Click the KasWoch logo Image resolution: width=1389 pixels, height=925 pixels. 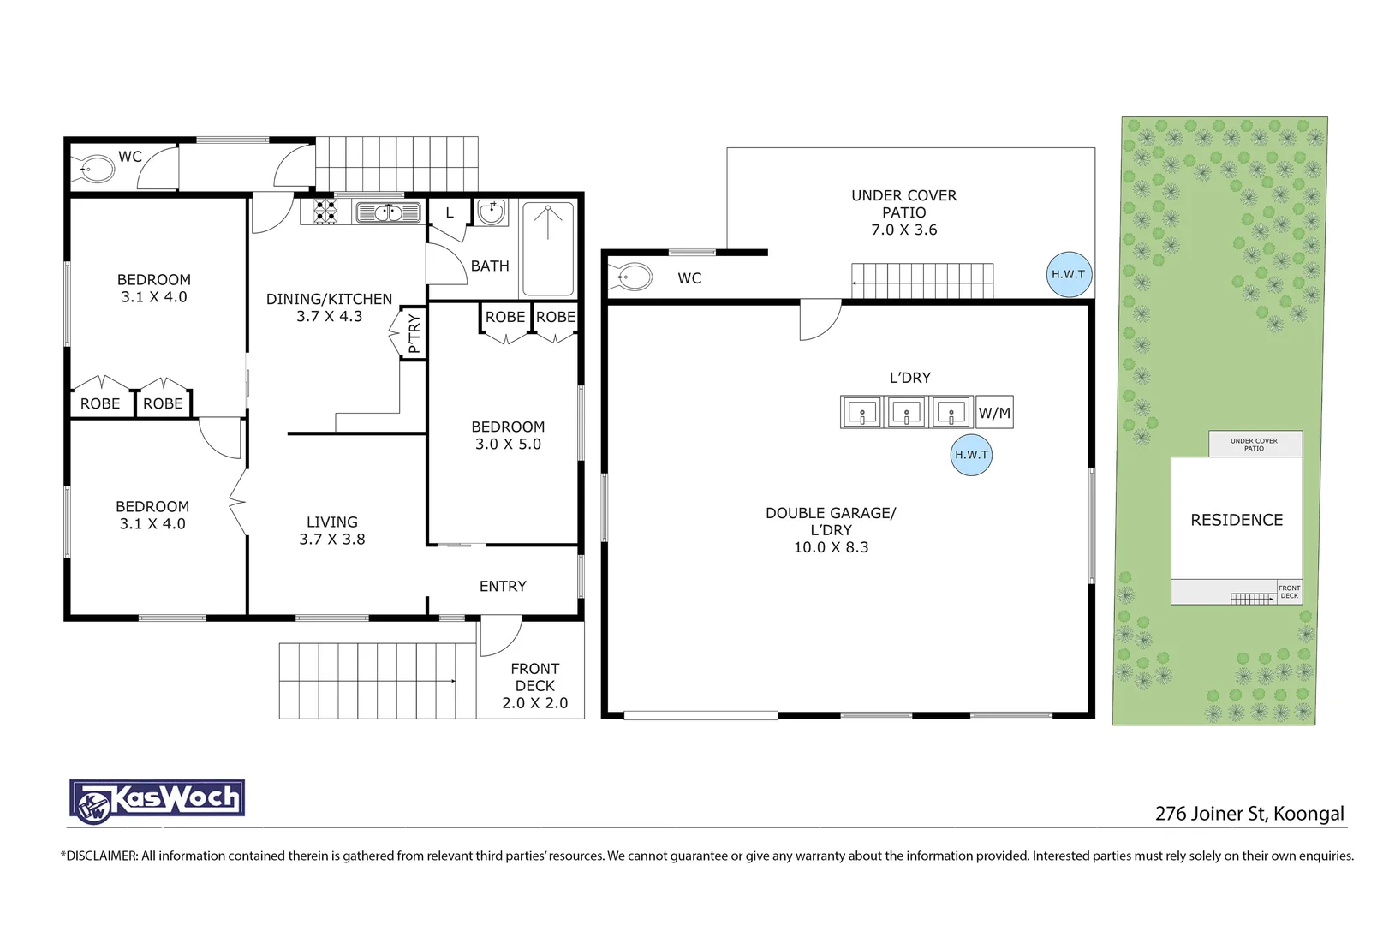click(157, 803)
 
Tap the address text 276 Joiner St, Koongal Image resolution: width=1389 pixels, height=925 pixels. click(1249, 814)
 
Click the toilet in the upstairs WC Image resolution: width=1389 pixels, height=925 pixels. click(95, 169)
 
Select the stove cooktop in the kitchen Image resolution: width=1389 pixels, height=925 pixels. click(325, 212)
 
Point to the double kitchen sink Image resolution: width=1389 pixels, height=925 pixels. click(388, 212)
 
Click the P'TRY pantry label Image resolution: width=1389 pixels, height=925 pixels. click(414, 333)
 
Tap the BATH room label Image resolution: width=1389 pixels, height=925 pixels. click(490, 266)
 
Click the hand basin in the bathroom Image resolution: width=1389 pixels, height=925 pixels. click(491, 212)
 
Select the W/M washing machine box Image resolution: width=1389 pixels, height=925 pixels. click(994, 412)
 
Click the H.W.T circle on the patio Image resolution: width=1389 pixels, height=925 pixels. click(1069, 274)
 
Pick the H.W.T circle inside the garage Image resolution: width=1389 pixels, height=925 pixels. click(971, 455)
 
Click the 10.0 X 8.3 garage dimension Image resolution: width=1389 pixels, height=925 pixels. click(831, 547)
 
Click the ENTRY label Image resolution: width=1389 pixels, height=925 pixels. click(503, 587)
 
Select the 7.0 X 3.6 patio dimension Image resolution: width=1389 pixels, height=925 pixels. click(904, 230)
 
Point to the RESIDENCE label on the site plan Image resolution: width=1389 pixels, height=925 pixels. click(1237, 520)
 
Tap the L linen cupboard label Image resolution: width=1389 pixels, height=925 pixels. click(450, 213)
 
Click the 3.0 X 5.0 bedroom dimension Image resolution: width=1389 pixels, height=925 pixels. click(508, 445)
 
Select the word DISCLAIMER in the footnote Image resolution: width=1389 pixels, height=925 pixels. click(102, 856)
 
